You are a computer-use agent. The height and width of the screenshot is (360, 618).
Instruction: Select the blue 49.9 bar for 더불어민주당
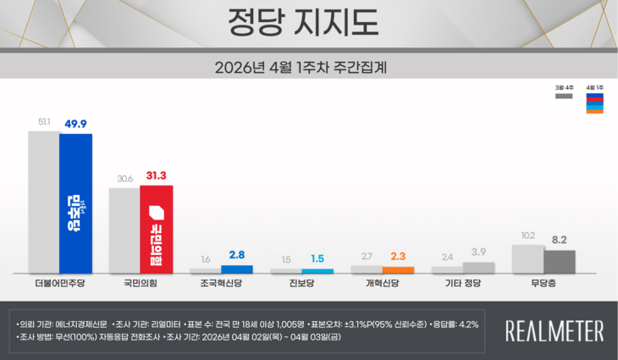coord(75,203)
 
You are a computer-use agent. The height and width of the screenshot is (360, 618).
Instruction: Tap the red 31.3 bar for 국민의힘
coord(156,229)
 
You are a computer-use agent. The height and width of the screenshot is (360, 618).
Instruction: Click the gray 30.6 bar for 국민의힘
coord(124,230)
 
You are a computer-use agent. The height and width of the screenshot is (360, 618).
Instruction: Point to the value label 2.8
coord(236,254)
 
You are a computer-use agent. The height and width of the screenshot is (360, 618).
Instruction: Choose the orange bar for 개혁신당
coord(398,269)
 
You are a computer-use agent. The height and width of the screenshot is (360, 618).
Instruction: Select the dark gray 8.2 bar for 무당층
coord(560,261)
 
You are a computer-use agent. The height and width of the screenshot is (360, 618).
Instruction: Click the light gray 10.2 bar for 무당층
coord(527,258)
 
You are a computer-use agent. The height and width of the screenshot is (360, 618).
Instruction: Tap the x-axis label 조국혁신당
coord(222,285)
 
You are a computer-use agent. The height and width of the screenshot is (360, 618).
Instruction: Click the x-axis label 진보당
coord(301,285)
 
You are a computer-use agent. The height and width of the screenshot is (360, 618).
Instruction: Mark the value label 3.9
coord(478,252)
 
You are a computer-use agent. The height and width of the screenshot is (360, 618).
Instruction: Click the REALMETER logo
coord(555,330)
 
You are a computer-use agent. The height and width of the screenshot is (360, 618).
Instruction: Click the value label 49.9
coord(76,123)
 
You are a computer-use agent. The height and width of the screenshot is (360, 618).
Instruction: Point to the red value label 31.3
coord(157,175)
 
